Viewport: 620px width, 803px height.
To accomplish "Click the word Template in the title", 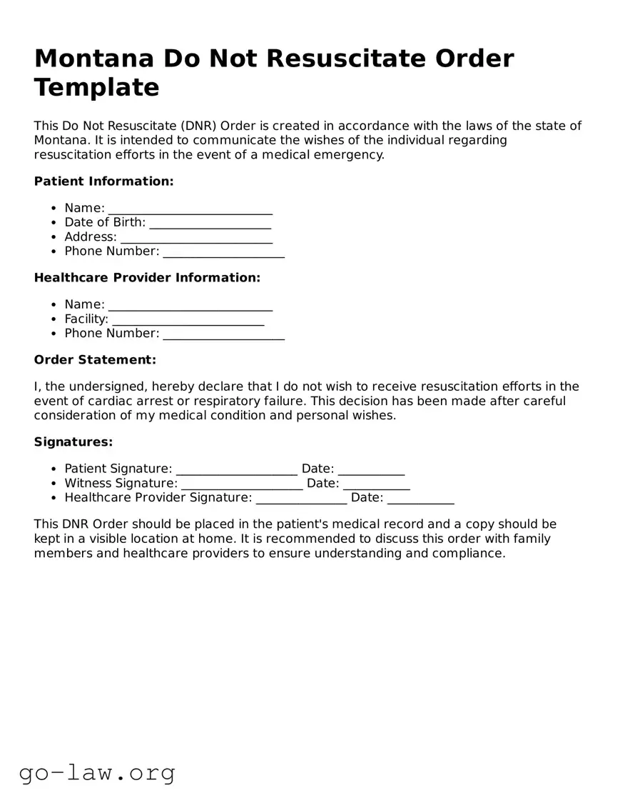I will (x=96, y=87).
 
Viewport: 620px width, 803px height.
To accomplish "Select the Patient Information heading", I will (x=103, y=181).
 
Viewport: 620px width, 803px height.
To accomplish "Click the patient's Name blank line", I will (x=190, y=209).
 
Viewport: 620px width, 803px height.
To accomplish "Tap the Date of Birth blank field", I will (x=210, y=224).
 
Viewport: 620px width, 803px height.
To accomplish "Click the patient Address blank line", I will (x=196, y=238).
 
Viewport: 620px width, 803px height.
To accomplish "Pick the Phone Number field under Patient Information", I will (x=223, y=252).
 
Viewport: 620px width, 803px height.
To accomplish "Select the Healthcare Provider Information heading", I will (x=147, y=278).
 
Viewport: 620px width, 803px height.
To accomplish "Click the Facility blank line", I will (x=188, y=320).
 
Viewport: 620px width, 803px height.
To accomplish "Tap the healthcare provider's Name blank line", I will (x=190, y=306).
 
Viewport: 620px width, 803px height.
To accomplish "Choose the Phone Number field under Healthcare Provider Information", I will (x=223, y=334).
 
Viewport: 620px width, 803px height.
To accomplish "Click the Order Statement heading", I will (x=95, y=360).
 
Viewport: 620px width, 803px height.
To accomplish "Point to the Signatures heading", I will (x=73, y=442).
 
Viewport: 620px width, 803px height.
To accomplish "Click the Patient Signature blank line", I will (x=236, y=470).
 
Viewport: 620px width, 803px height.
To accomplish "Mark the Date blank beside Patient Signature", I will (x=371, y=470).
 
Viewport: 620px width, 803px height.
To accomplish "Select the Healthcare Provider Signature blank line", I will (x=301, y=499).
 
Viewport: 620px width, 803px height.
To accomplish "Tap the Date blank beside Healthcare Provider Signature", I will (x=420, y=499).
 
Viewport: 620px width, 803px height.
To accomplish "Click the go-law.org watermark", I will (x=97, y=772).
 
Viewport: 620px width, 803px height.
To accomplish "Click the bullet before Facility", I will (x=54, y=319).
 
